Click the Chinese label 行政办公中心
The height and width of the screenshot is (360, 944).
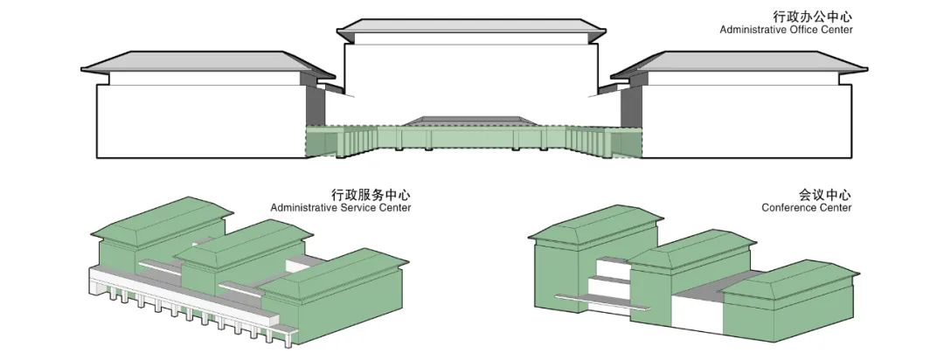pyautogui.click(x=813, y=17)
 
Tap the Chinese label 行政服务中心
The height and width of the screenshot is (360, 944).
pyautogui.click(x=371, y=195)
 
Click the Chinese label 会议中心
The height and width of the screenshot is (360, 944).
pyautogui.click(x=825, y=195)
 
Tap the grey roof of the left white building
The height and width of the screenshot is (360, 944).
pyautogui.click(x=208, y=62)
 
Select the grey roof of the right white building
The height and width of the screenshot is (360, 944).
pyautogui.click(x=739, y=62)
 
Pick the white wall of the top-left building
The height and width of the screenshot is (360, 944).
pyautogui.click(x=202, y=121)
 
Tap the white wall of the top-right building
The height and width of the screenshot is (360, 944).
pyautogui.click(x=746, y=121)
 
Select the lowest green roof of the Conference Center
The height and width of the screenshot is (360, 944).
pyautogui.click(x=791, y=280)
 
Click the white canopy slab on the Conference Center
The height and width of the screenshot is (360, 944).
pyautogui.click(x=602, y=301)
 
